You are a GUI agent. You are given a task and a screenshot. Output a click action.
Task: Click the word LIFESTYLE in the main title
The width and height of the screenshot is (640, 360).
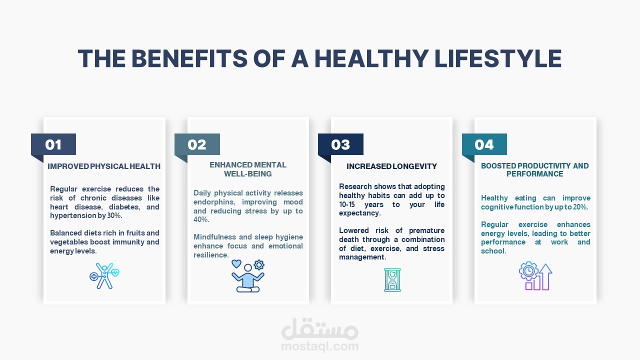point(498,58)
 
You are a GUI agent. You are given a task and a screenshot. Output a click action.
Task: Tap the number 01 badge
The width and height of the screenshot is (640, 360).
point(53,144)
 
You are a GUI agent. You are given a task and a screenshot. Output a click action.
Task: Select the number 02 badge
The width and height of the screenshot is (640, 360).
point(197,144)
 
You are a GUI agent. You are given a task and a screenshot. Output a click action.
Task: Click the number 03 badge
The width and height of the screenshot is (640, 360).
point(340,144)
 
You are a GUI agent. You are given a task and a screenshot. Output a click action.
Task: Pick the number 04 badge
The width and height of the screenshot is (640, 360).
point(484,144)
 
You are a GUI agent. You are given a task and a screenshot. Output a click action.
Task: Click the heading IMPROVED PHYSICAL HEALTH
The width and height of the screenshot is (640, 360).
point(104,166)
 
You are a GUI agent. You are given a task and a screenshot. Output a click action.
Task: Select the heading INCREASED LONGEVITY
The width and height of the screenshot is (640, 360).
point(391,166)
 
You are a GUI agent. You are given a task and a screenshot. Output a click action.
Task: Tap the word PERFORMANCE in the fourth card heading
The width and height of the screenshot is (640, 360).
point(535,173)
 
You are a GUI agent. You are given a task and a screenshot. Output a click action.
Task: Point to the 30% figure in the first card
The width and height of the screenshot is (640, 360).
point(114,215)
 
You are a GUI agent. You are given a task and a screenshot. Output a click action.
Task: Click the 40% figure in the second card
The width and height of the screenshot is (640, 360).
point(201,219)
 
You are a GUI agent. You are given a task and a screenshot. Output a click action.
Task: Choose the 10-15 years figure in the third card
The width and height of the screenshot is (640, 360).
point(361,204)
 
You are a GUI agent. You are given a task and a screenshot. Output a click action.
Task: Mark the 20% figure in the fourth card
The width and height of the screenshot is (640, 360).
point(580,207)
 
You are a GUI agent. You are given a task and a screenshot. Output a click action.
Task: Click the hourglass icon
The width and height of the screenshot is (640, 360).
point(392,279)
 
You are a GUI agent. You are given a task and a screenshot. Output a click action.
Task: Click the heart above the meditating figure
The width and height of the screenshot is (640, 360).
point(236,263)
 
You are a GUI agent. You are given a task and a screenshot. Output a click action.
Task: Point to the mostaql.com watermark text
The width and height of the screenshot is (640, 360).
point(319,346)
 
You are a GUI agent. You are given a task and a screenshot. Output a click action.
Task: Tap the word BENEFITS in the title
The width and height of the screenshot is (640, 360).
point(189,58)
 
